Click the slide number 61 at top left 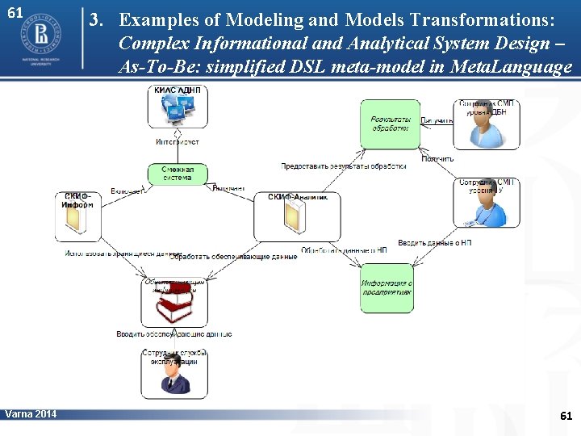(15, 14)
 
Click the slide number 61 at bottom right (566, 416)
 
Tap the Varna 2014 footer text (31, 414)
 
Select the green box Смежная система (177, 174)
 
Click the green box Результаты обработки (391, 124)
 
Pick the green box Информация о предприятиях (387, 288)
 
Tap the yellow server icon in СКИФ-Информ (77, 225)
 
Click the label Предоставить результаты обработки (343, 166)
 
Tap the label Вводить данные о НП (435, 242)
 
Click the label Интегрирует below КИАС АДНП (178, 141)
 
